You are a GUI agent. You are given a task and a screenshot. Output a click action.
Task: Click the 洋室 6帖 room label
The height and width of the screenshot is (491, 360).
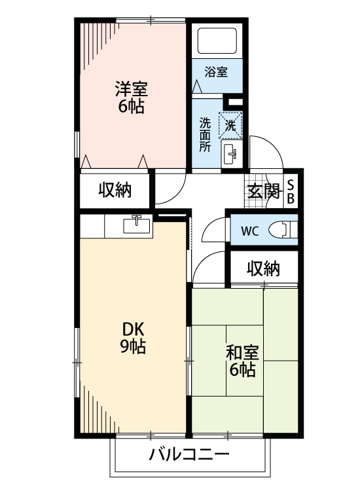pos(132,97)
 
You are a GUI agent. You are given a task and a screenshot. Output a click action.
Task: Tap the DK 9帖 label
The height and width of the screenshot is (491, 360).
pos(132,338)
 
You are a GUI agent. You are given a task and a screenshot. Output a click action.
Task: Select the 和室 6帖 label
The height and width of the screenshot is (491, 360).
pos(242,361)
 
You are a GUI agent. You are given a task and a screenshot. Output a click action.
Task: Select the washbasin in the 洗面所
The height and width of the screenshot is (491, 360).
pos(231,155)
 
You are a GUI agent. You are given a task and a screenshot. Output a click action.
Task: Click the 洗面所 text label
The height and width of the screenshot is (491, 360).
pos(206,134)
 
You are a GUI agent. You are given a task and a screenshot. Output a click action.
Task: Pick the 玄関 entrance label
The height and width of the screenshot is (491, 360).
pos(263,191)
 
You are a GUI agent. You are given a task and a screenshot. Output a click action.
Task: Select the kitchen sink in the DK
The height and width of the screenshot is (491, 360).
pos(137,225)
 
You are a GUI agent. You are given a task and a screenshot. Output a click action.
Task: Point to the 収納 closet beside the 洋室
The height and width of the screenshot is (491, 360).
pos(115,191)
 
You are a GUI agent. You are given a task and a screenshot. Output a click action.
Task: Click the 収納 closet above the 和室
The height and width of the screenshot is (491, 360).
pos(264,268)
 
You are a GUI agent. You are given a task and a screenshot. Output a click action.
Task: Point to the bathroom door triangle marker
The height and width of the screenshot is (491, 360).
pos(197,86)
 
